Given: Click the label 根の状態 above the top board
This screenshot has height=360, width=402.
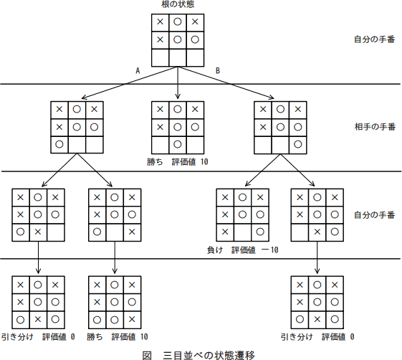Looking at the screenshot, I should (x=177, y=6).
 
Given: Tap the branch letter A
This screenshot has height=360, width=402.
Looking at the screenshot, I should (x=137, y=70).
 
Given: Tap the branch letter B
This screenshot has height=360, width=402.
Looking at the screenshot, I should (x=218, y=70).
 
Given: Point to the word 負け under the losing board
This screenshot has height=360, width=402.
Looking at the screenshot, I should (x=215, y=250).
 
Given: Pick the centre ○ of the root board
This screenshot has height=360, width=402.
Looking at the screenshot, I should (x=177, y=39).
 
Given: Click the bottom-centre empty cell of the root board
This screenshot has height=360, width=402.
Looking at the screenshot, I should (x=177, y=57).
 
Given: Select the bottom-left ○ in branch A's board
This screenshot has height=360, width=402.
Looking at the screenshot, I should (x=59, y=143).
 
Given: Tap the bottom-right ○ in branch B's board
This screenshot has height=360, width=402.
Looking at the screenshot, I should (x=297, y=143).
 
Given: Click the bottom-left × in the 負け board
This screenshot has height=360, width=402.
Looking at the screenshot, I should (x=224, y=231).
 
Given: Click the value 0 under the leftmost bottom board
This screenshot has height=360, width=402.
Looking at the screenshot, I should (x=73, y=336).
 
